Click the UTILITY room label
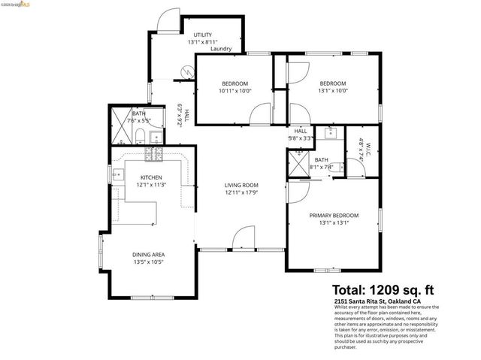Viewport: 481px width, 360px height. tap(203, 35)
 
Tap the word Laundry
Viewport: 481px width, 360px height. tap(221, 49)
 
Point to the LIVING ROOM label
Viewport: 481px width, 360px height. tap(241, 185)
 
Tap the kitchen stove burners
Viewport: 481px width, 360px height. tap(154, 155)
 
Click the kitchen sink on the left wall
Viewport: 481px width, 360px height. tap(118, 175)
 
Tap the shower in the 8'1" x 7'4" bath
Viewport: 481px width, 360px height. tap(298, 165)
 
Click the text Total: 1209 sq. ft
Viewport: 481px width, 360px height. tap(383, 289)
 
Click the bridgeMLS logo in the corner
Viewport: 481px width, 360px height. tap(16, 5)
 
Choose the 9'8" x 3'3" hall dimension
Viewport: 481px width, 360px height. tap(301, 138)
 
